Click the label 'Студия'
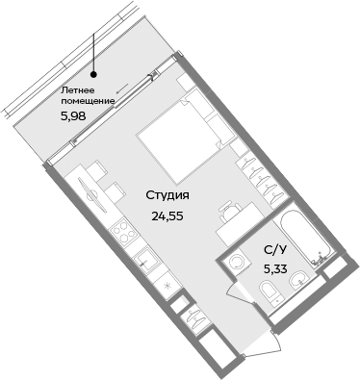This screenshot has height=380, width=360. coord(167,195)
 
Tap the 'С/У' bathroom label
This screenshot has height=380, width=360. coord(274,250)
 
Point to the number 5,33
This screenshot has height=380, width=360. coord(276,268)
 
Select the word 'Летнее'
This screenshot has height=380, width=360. coord(78,89)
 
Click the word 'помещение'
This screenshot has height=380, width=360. coord(88,100)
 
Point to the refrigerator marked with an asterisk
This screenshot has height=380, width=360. coord(167,286)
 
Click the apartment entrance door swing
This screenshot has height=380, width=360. coord(240,306)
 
